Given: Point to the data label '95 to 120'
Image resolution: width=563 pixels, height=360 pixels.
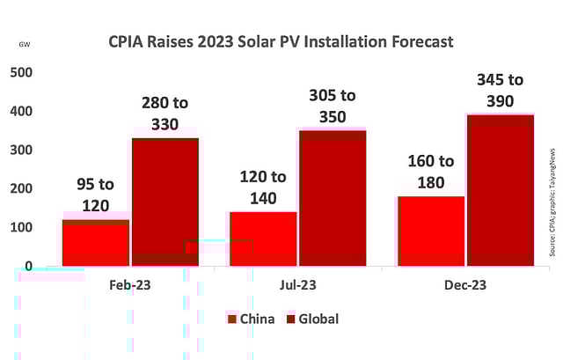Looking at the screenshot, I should tap(95, 195).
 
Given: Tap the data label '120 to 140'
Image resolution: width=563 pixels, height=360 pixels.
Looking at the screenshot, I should tap(262, 187).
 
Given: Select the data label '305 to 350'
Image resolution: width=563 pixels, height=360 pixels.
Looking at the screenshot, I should tap(333, 107).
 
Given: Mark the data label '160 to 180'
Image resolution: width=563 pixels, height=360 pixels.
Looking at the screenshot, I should tap(431, 172).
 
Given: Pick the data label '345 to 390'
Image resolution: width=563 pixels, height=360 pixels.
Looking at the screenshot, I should tap(500, 90).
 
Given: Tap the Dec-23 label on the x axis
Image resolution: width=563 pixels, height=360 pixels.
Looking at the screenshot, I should tap(464, 285).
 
